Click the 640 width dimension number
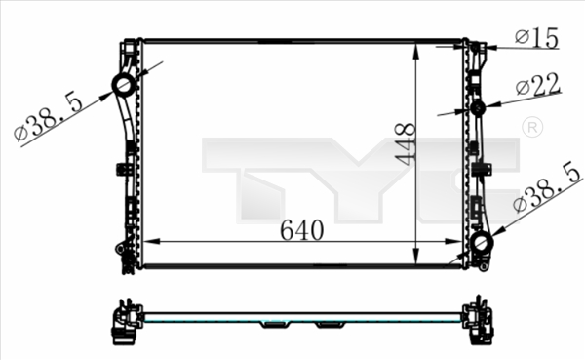tap(301, 230)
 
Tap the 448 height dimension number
tap(407, 144)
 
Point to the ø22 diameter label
tap(538, 87)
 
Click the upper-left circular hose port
tap(124, 86)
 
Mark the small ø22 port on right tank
tap(478, 106)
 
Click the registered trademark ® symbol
tap(531, 128)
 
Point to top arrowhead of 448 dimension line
tap(417, 45)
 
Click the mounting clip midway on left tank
tap(128, 167)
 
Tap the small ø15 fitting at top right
tap(477, 46)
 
